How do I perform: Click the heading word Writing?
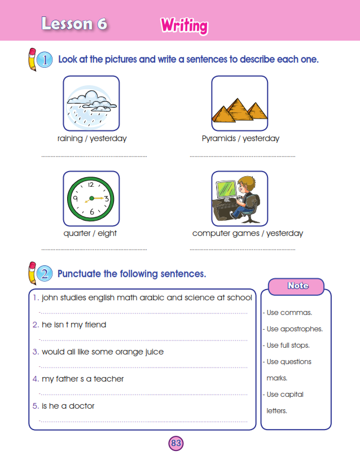[x=184, y=25]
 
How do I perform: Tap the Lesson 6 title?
[x=74, y=24]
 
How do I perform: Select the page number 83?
[x=175, y=443]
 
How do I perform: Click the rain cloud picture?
[x=91, y=103]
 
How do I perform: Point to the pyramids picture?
[x=239, y=103]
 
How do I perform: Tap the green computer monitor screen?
[x=226, y=190]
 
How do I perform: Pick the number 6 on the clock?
[x=91, y=212]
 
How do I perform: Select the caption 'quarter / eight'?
[x=90, y=233]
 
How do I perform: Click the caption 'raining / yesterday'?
[x=92, y=138]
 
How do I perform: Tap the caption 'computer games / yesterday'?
[x=247, y=233]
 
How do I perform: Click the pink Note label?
[x=297, y=286]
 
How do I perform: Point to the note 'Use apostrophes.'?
[x=293, y=329]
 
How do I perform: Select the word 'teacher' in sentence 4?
[x=109, y=379]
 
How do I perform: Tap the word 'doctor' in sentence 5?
[x=82, y=406]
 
